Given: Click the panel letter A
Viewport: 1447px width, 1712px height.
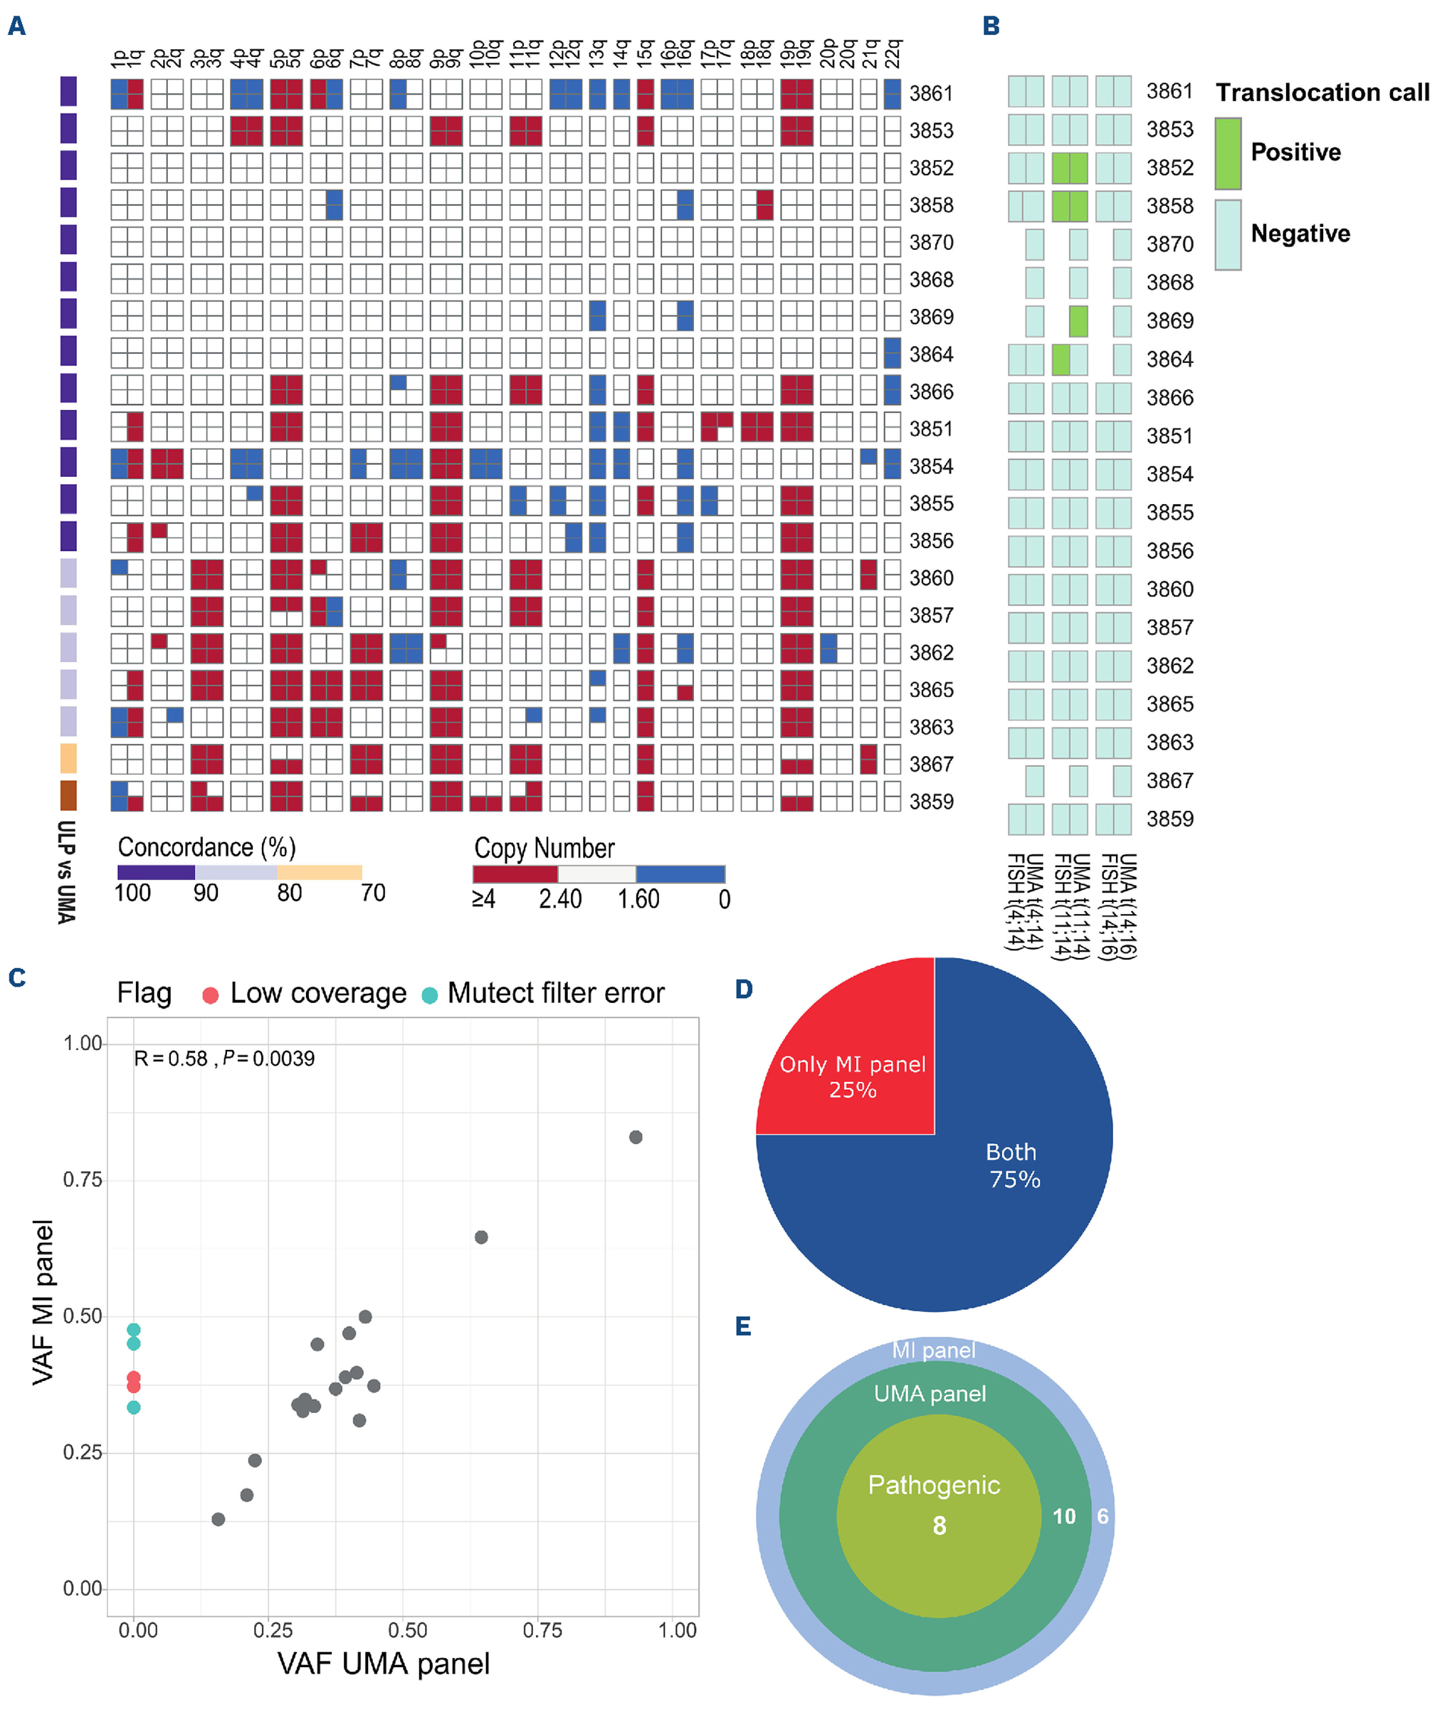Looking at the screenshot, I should coord(16,26).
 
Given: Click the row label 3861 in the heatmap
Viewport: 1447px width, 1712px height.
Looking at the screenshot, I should coord(931,93).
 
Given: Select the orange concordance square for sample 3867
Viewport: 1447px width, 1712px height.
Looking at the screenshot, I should coord(69,758).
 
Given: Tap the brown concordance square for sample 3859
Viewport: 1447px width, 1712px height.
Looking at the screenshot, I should coord(69,796).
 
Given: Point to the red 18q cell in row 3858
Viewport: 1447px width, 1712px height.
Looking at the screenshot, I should coord(764,204).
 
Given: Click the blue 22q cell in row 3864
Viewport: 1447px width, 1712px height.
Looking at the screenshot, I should coord(893,354).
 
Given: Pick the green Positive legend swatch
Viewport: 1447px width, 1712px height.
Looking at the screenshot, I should coord(1228,153).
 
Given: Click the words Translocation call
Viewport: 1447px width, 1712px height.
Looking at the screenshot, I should coord(1322,93).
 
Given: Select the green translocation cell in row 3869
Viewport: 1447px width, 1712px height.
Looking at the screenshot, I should coord(1079,321).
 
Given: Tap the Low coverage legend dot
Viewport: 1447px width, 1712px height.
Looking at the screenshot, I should coord(211,996).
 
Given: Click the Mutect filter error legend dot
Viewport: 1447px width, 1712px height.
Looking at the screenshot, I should coord(429,996).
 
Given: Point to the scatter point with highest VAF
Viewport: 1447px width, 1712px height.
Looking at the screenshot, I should coord(636,1137).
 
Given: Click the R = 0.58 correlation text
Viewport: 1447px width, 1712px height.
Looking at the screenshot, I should coord(171,1059).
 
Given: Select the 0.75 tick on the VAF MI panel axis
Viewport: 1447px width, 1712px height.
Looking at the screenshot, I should coord(82,1180).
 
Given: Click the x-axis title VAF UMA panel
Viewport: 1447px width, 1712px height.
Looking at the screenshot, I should coord(383,1664).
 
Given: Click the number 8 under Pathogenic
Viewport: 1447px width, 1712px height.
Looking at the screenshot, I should coord(940,1525).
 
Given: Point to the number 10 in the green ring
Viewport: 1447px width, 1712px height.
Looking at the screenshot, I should coord(1064,1516).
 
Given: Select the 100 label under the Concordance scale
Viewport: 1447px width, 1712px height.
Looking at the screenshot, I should coord(132,893).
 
